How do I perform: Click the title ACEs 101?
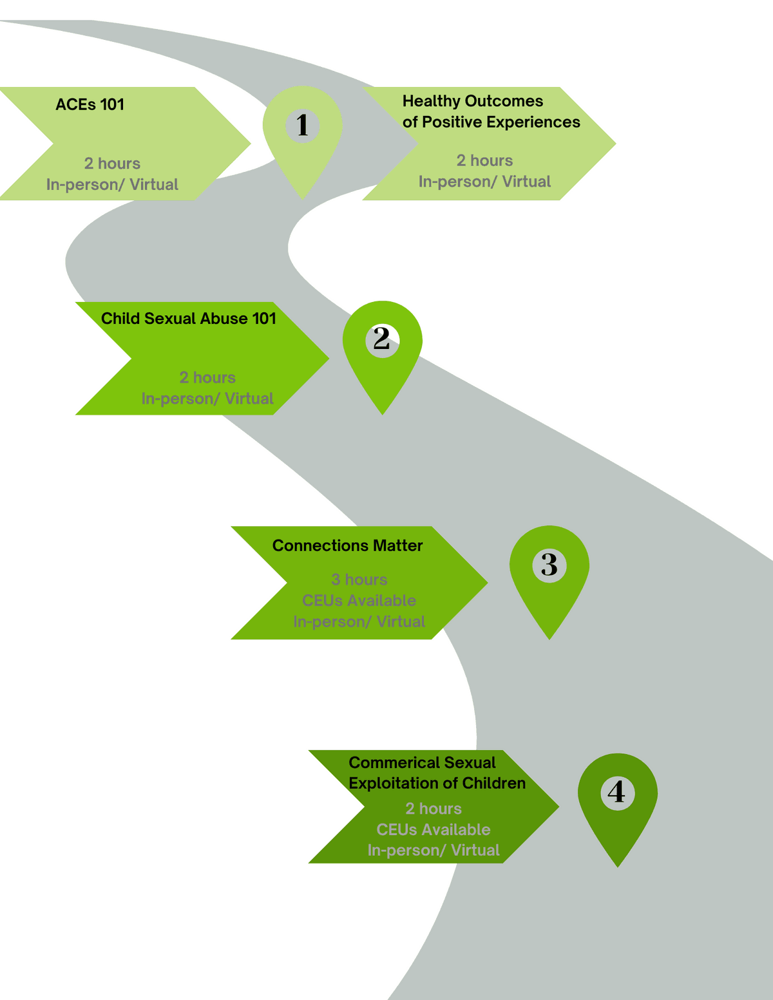point(90,104)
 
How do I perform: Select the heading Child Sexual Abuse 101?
point(188,319)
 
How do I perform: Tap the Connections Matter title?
point(347,545)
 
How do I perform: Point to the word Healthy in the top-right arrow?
point(431,101)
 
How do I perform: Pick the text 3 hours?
point(359,580)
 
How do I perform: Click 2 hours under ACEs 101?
point(112,164)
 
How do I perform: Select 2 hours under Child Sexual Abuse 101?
point(207,377)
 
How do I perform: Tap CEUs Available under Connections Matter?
point(359,601)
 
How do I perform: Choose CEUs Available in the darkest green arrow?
point(434,829)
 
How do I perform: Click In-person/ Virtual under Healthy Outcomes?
point(484,182)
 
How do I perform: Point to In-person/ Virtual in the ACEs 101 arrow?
point(112,185)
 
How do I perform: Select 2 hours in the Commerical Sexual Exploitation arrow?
point(434,809)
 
